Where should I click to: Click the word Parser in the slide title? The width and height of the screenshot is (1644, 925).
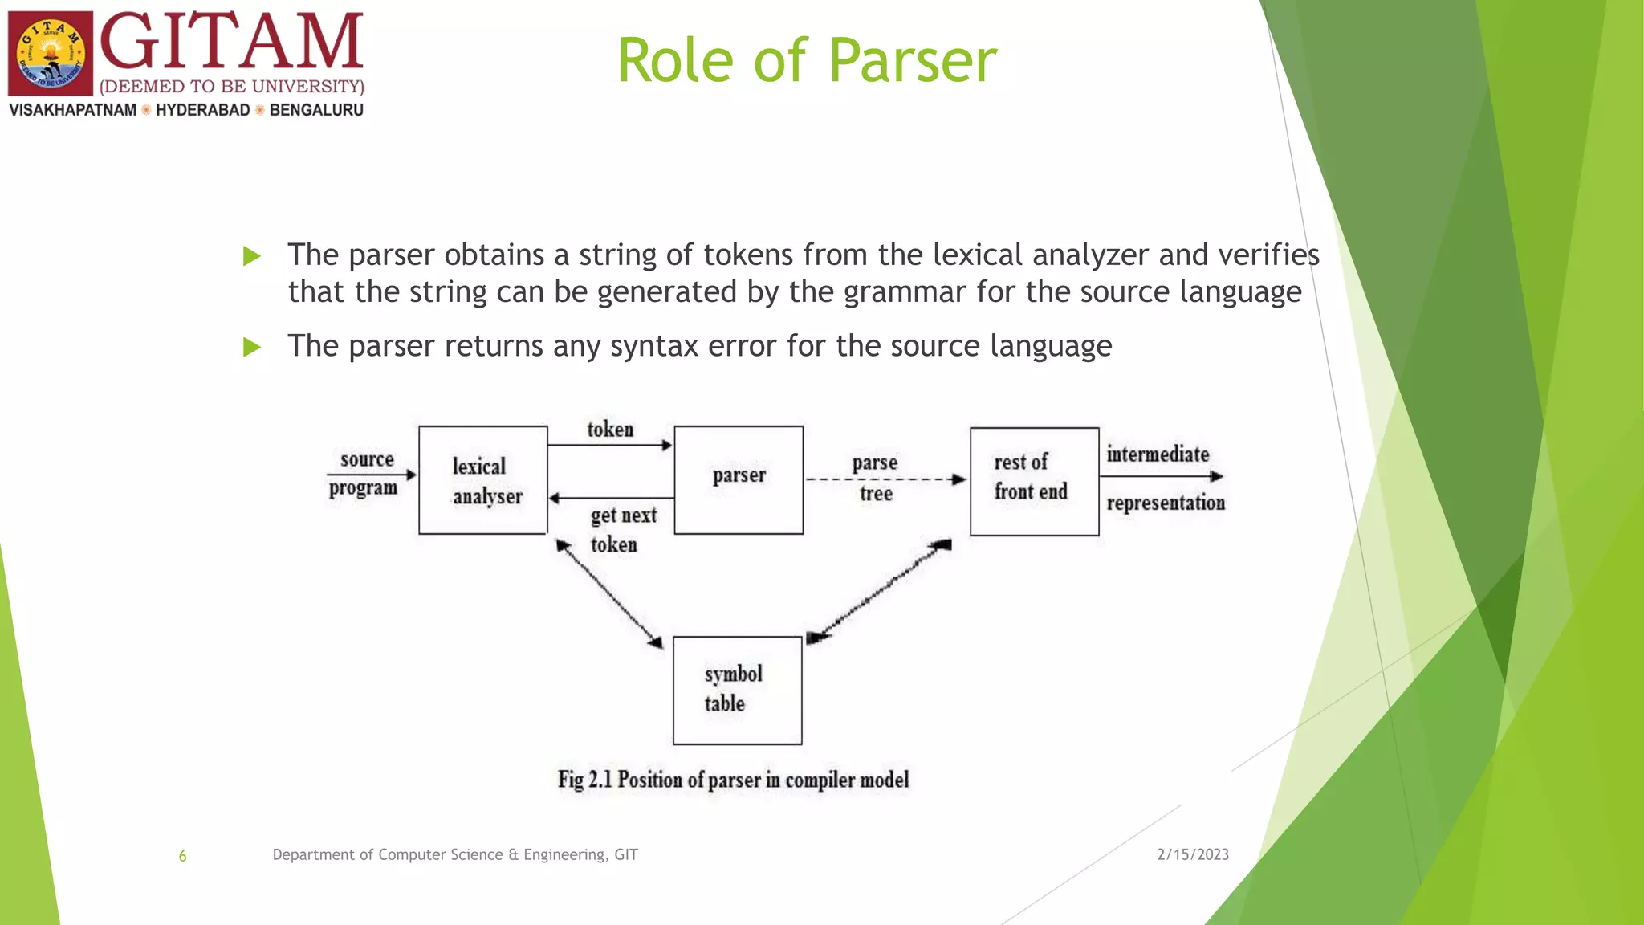click(912, 61)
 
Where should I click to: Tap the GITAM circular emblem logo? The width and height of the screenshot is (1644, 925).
click(51, 54)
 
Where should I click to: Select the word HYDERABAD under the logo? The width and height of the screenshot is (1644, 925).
click(202, 110)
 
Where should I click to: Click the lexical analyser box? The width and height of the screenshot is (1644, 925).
click(483, 480)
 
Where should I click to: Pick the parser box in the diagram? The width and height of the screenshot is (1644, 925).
click(739, 480)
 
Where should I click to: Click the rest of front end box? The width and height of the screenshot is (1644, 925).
click(1034, 481)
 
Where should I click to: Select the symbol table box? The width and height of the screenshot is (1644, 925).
click(737, 691)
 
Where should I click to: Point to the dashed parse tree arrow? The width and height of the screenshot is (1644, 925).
click(883, 479)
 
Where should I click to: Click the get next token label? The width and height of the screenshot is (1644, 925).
click(622, 529)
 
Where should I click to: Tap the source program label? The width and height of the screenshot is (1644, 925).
click(364, 473)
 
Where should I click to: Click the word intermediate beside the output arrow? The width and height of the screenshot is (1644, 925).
click(1158, 454)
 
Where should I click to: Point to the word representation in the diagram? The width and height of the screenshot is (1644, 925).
click(1166, 503)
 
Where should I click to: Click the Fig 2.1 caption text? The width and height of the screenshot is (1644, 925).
click(733, 780)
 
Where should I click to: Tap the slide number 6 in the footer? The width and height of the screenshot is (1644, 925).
click(182, 856)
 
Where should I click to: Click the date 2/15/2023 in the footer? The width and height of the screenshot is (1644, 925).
click(1192, 854)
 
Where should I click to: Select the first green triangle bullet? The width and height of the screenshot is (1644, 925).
click(252, 256)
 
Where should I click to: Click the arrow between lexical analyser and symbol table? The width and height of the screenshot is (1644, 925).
click(610, 595)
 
